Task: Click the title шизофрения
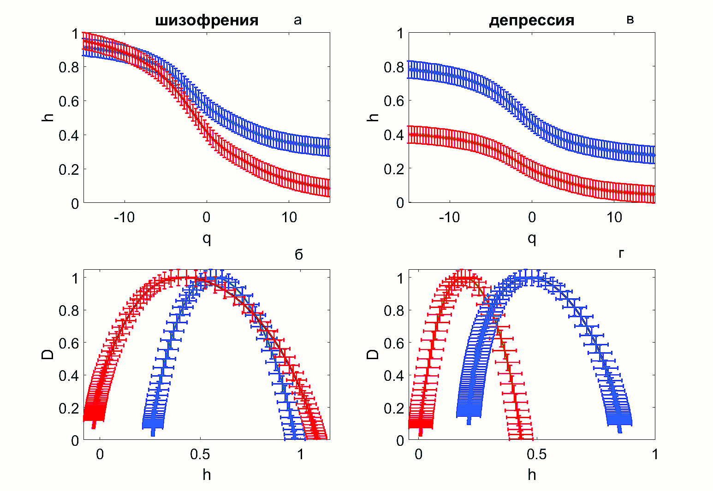coord(207,21)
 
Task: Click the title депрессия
coord(531,21)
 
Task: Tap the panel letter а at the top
coord(297,20)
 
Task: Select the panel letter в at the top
coord(630,20)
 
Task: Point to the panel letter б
coord(298,254)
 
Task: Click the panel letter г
coord(621,253)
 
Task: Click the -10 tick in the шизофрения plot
coord(124,218)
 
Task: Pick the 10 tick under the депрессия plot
coord(614,218)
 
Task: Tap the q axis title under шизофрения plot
coord(207,238)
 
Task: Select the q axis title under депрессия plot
coord(532,238)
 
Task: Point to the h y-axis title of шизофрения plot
coord(48,117)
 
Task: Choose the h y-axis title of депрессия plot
coord(373,117)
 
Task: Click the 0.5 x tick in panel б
coord(200,455)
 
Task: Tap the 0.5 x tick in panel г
coord(536,455)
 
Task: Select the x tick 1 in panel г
coord(655,455)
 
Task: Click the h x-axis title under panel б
coord(207,475)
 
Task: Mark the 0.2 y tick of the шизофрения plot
coord(69,169)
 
